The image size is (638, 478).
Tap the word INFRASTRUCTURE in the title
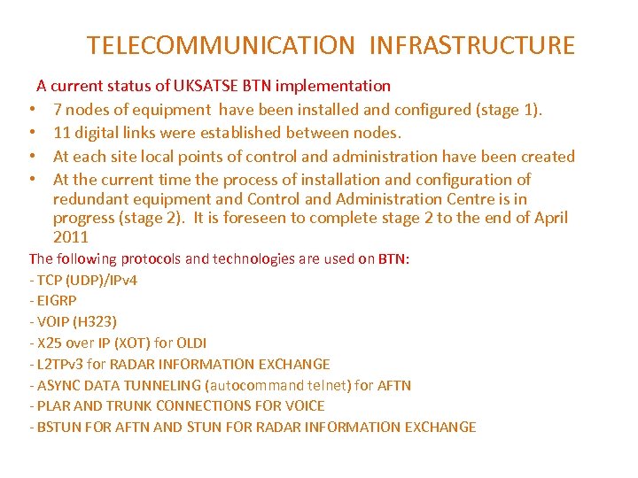pos(471,45)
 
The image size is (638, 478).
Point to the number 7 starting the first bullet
pos(58,110)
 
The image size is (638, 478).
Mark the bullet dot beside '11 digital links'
pos(31,134)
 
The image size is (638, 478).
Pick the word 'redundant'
pos(89,199)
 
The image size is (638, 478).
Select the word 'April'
pos(551,218)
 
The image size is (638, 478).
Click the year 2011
pos(71,237)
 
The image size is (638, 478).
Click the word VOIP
pos(53,321)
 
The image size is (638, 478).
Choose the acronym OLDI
pos(191,343)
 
